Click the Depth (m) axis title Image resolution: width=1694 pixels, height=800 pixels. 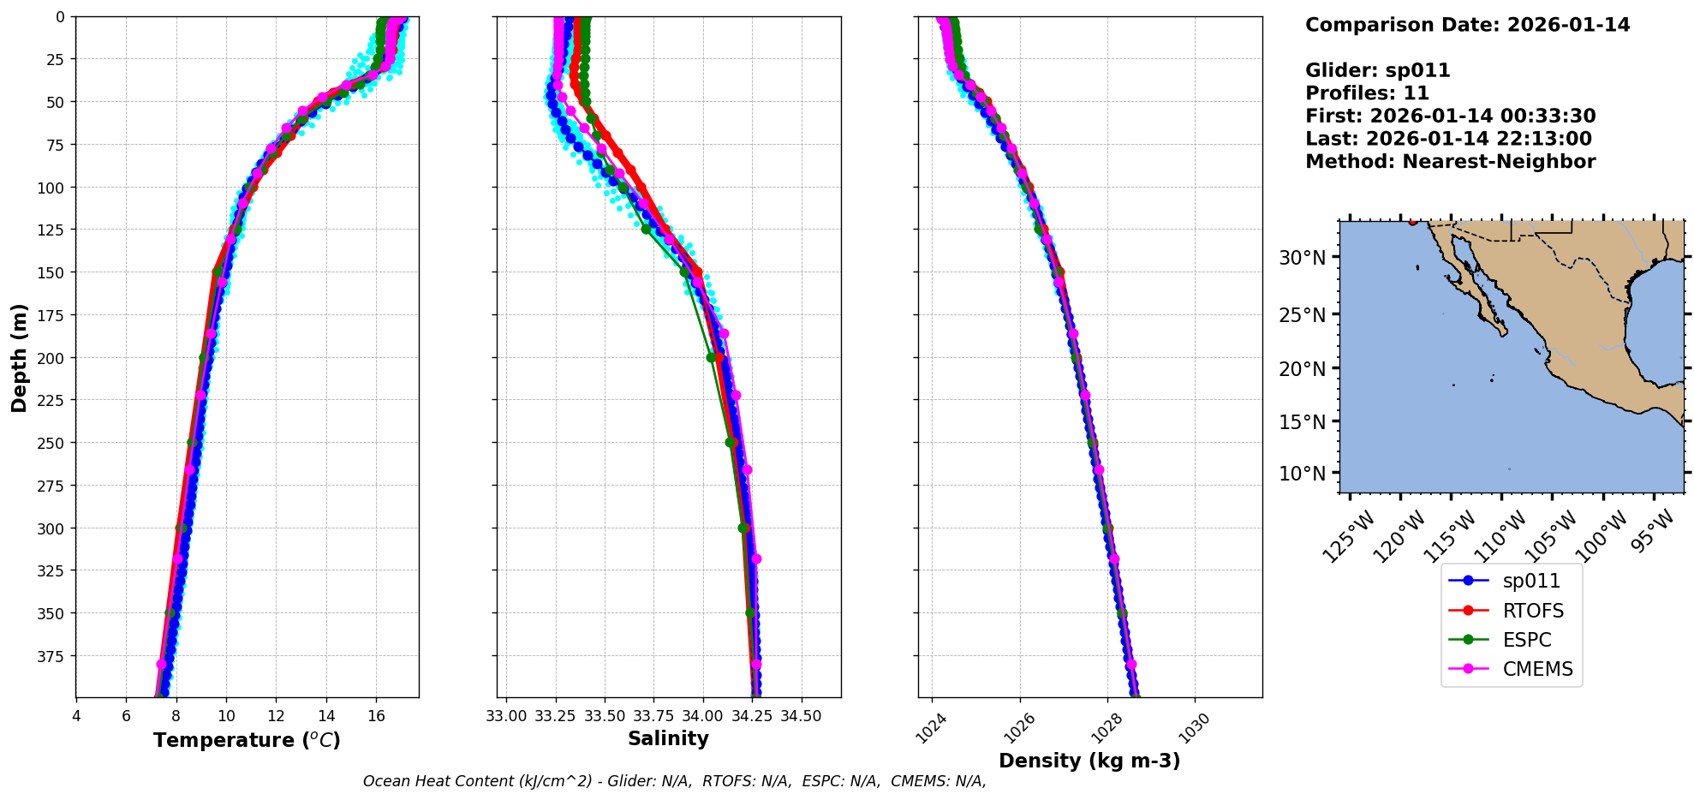(x=19, y=357)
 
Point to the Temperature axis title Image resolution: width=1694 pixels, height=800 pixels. (x=247, y=740)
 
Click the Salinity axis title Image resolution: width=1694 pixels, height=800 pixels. (x=668, y=738)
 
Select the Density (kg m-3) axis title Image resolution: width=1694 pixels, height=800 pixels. (x=1089, y=761)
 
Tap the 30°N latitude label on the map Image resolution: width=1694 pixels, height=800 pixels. (x=1302, y=258)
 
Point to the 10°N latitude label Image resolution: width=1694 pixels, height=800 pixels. (x=1302, y=474)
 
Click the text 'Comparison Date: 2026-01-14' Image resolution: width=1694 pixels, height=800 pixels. (x=1467, y=25)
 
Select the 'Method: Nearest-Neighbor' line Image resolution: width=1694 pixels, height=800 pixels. (x=1450, y=162)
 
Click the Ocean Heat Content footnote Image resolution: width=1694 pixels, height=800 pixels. (x=674, y=781)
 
